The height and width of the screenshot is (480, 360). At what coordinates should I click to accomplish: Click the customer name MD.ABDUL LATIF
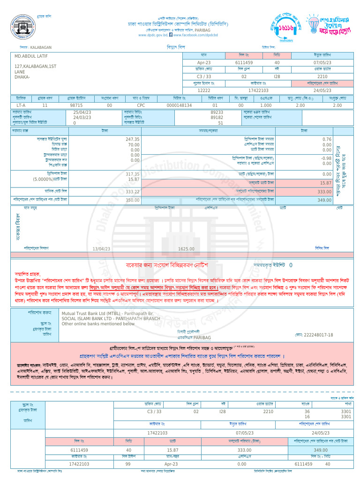pos(35,56)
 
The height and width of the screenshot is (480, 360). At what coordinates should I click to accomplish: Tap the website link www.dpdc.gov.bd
pos(153,35)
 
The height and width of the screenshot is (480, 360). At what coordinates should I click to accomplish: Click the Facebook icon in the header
pos(171,35)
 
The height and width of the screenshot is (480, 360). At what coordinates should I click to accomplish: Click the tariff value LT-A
pos(21,105)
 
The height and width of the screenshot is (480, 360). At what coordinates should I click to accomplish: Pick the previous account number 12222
pos(204,90)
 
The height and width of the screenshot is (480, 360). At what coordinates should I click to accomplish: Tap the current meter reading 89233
pos(217,112)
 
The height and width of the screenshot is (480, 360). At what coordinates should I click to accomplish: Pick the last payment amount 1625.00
pos(186,249)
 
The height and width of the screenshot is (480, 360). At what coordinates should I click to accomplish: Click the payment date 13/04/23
pos(101,249)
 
